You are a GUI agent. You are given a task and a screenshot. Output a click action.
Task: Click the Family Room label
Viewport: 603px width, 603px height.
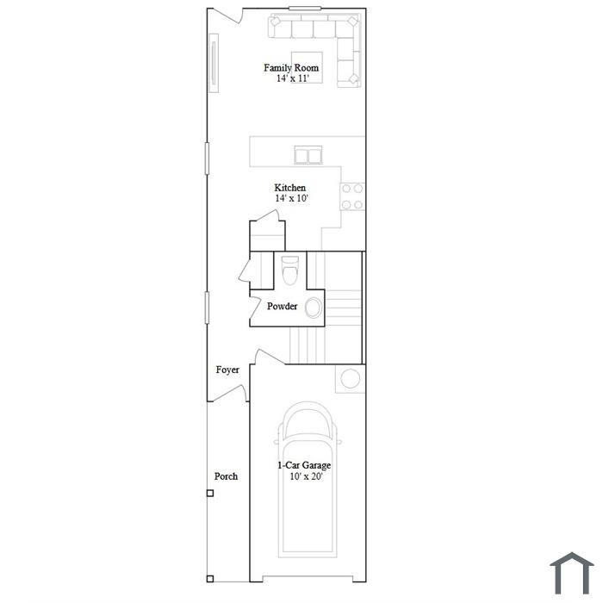[x=291, y=68]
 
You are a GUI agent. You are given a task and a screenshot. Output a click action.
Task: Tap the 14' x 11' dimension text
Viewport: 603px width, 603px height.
[x=293, y=78]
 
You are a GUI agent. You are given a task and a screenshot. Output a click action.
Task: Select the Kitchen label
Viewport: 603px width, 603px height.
[x=290, y=188]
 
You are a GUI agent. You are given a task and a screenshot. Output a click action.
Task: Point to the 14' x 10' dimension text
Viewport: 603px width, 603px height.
[x=292, y=198]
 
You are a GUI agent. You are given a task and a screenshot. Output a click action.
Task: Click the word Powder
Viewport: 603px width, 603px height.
[x=282, y=306]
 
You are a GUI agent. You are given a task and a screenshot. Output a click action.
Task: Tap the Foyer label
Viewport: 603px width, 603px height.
[x=227, y=370]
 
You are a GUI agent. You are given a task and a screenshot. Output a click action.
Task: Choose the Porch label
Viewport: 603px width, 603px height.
[x=226, y=476]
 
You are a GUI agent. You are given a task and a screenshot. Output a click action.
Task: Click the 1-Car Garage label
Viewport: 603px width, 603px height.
[x=304, y=465]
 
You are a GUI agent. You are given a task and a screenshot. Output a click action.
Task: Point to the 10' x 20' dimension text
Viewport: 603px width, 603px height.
[x=306, y=476]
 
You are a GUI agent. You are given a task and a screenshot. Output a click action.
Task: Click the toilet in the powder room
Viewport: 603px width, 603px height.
[x=290, y=270]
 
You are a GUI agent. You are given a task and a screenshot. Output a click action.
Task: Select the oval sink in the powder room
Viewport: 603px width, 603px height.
[x=314, y=308]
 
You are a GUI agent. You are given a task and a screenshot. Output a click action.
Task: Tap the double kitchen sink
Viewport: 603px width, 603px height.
[x=308, y=155]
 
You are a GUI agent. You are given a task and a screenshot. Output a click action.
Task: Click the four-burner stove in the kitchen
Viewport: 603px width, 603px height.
[x=352, y=196]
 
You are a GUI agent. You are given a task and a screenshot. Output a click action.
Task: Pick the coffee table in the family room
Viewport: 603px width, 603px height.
[x=307, y=67]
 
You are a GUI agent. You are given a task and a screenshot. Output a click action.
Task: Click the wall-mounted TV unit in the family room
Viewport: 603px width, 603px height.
[x=214, y=63]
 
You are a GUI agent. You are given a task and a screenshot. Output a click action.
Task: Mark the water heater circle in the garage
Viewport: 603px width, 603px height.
[x=351, y=378]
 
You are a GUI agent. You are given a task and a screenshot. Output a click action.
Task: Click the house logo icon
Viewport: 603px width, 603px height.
[x=571, y=573]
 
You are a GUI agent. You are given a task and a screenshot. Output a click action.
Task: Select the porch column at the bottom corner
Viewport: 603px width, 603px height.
[x=210, y=578]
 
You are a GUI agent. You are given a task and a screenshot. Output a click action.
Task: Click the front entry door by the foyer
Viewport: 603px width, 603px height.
[x=230, y=393]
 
